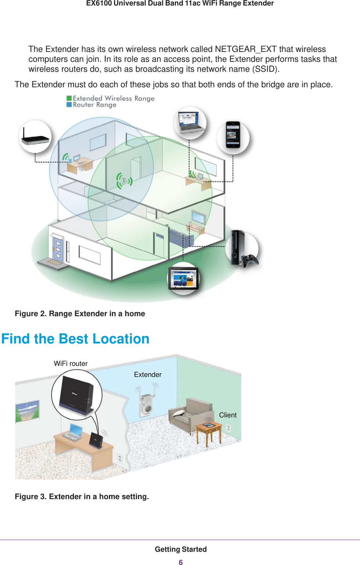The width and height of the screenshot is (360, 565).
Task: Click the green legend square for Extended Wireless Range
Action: coord(69,98)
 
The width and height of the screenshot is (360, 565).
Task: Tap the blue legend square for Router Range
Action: coord(69,105)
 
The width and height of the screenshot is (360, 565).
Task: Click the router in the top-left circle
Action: coord(35,137)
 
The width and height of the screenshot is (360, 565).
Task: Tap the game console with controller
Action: coord(243,250)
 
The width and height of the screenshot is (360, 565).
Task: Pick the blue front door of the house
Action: coord(58,248)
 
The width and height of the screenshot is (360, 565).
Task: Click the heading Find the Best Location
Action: coord(75,339)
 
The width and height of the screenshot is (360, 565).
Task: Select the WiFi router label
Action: coord(71,364)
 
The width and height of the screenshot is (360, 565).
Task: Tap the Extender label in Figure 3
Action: coord(148,375)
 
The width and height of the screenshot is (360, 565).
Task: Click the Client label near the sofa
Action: coord(227,415)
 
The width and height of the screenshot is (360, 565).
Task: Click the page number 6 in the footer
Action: coord(180,562)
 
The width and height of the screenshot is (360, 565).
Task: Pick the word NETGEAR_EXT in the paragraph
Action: coord(246,49)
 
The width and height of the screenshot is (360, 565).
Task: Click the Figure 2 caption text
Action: coord(80,314)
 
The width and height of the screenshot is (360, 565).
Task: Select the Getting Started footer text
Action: coord(180,549)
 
